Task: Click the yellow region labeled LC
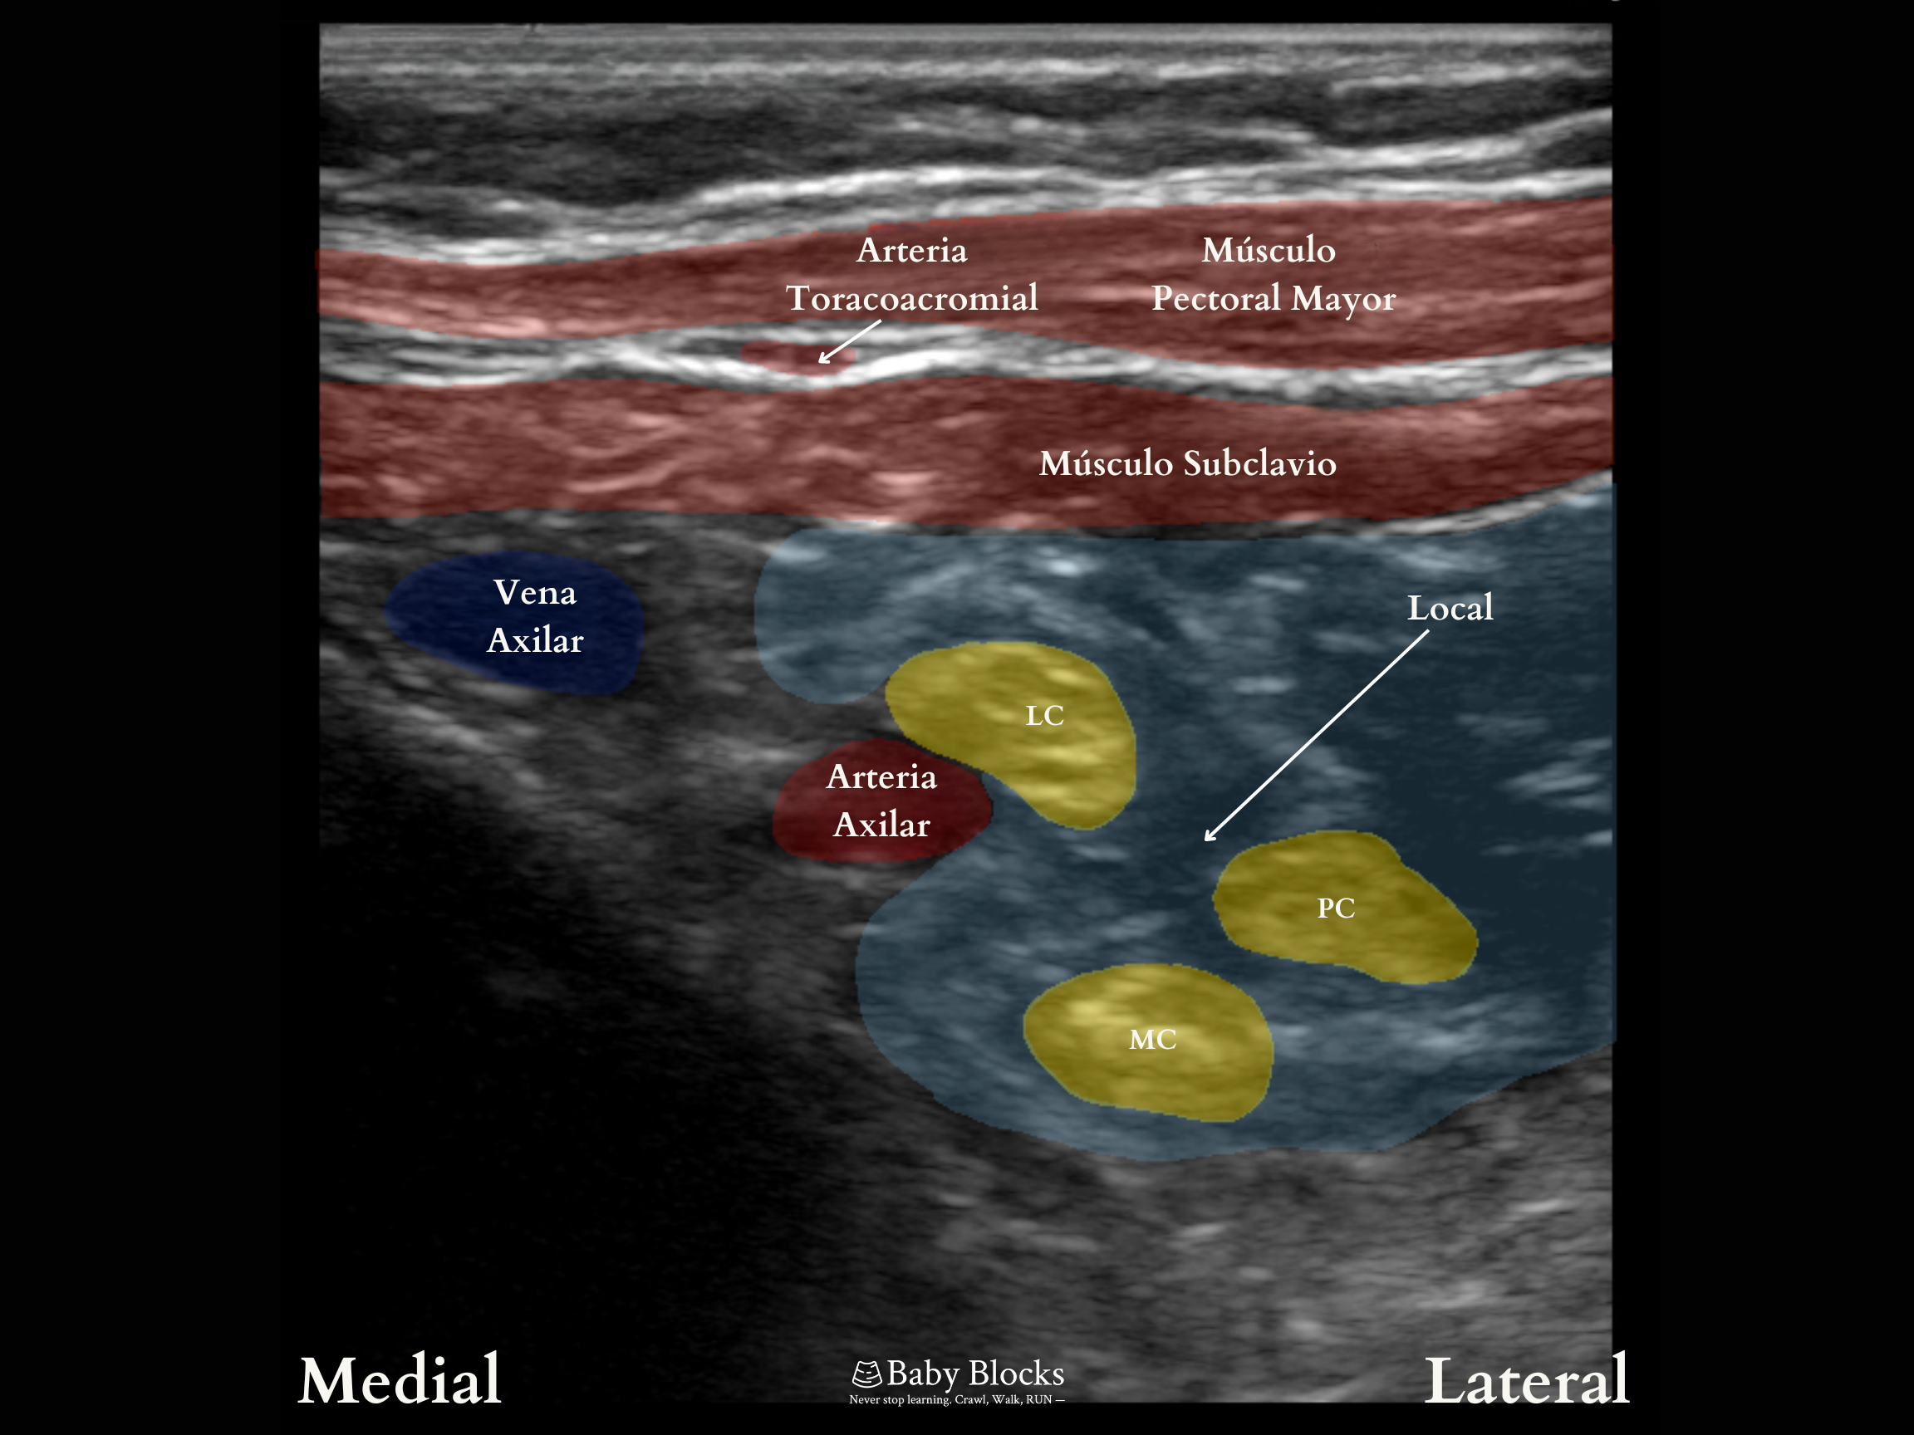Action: (x=1013, y=735)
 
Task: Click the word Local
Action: (x=1450, y=608)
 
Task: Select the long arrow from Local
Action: (x=1315, y=736)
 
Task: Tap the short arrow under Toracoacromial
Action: (x=849, y=341)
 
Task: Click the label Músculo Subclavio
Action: (x=1187, y=464)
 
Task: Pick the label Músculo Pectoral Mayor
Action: (x=1272, y=274)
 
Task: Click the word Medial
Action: (x=400, y=1379)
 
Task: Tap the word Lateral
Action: (x=1526, y=1380)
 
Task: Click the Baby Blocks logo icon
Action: (x=866, y=1374)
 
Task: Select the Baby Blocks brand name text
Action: (x=975, y=1374)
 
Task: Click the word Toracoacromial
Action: (x=911, y=298)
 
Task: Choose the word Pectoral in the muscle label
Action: (x=1215, y=298)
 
